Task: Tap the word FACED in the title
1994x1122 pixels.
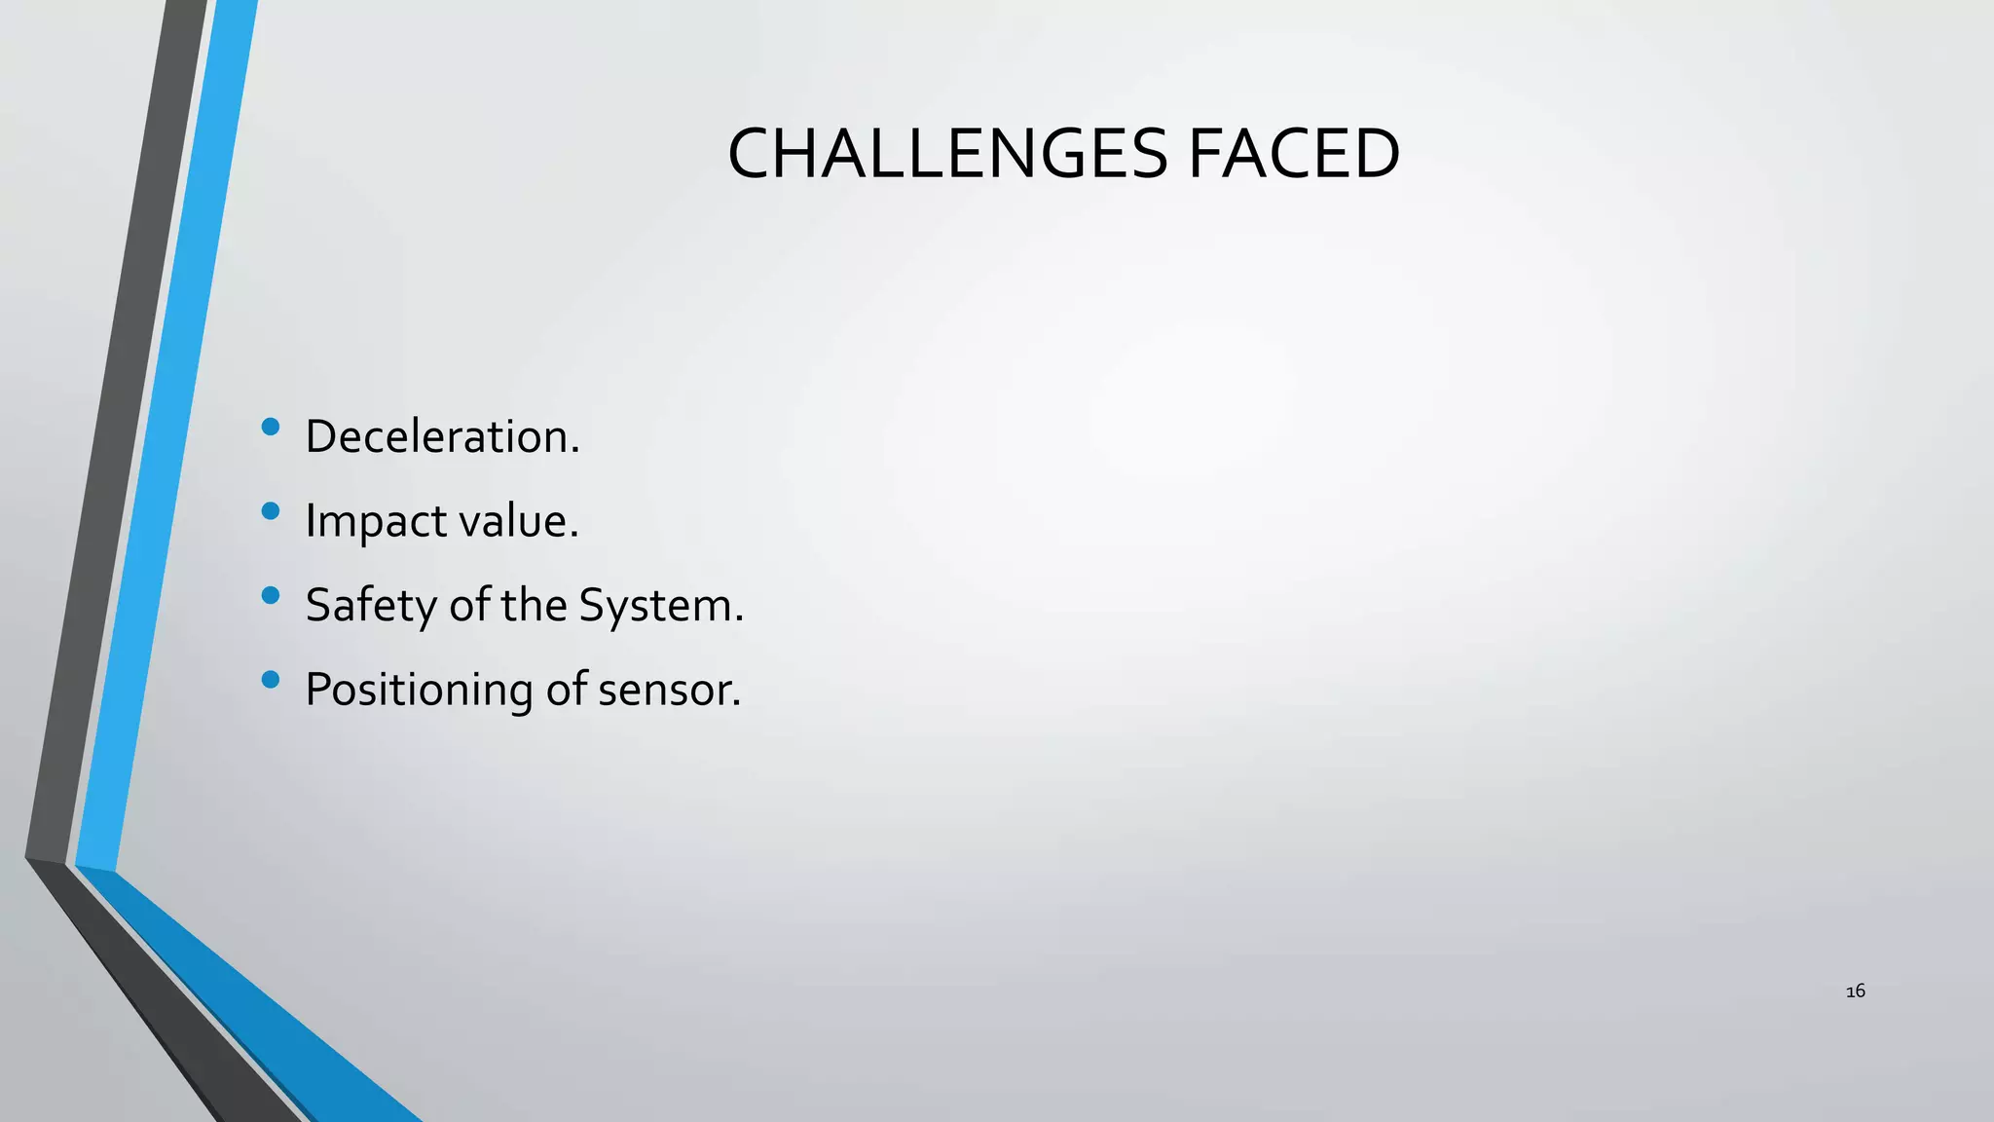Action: click(x=1294, y=155)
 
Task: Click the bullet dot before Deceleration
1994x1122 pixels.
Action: click(x=271, y=426)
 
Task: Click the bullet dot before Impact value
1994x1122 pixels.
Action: click(x=271, y=510)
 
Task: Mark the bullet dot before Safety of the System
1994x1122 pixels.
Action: click(x=271, y=594)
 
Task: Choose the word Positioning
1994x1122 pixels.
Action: click(x=419, y=690)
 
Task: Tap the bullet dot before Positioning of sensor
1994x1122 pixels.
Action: click(x=271, y=679)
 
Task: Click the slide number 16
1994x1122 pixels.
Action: click(x=1856, y=991)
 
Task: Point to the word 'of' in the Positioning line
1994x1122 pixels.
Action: click(x=566, y=690)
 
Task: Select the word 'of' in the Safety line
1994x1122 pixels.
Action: click(x=469, y=606)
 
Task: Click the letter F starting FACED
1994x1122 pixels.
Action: click(x=1204, y=155)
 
